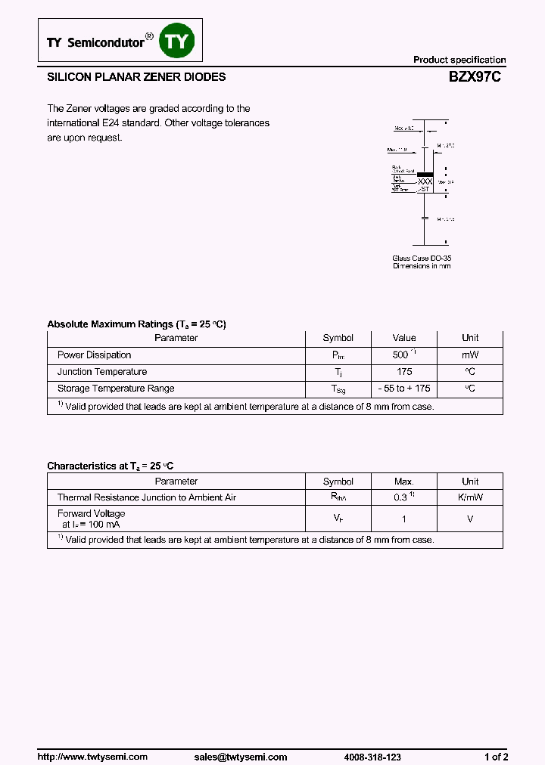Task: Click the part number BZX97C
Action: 475,77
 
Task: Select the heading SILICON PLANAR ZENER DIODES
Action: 136,77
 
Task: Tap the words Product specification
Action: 459,60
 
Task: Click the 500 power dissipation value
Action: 400,355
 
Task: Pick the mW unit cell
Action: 470,355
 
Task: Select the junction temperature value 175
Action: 404,372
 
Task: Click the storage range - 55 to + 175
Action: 404,389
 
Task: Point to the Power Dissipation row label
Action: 94,355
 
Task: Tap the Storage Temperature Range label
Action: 116,389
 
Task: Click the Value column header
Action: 404,338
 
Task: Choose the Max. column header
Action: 404,482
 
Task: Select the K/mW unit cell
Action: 470,498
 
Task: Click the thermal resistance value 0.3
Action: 400,498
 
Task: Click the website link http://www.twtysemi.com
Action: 92,757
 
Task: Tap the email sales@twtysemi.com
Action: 240,757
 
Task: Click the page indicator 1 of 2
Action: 496,757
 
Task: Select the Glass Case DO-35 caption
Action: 422,258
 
